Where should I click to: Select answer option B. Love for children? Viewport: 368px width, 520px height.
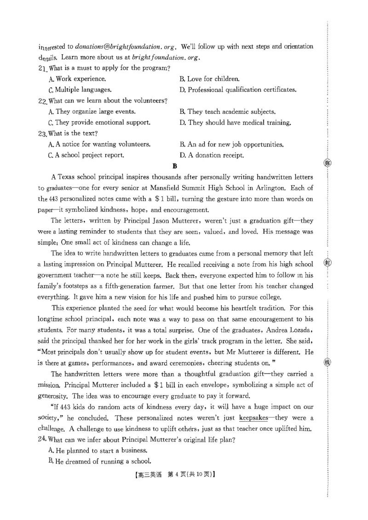pyautogui.click(x=209, y=79)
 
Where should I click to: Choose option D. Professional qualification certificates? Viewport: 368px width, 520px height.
pyautogui.click(x=238, y=90)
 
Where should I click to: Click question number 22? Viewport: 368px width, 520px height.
pyautogui.click(x=42, y=101)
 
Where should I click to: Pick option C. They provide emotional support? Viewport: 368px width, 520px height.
pyautogui.click(x=99, y=123)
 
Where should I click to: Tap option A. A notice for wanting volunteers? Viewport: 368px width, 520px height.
pyautogui.click(x=99, y=144)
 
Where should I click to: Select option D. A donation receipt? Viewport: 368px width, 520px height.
pyautogui.click(x=212, y=155)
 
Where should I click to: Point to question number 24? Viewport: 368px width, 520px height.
pyautogui.click(x=42, y=440)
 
